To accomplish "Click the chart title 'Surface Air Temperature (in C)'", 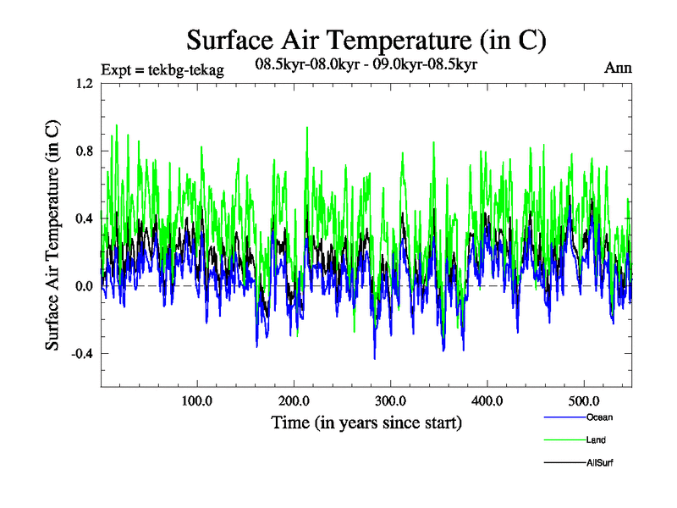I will point(366,40).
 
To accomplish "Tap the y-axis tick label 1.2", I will point(83,84).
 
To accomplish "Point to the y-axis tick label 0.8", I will point(83,151).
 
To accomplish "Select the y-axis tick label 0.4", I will point(83,218).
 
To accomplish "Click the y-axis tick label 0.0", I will point(83,286).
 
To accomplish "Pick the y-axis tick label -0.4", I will point(81,354).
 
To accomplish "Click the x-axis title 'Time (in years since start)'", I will point(366,422).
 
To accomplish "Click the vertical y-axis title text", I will point(52,235).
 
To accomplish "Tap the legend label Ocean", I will point(598,417).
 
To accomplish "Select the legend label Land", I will point(596,440).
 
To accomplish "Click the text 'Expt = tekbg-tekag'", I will point(162,70).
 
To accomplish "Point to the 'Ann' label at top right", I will point(618,69).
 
